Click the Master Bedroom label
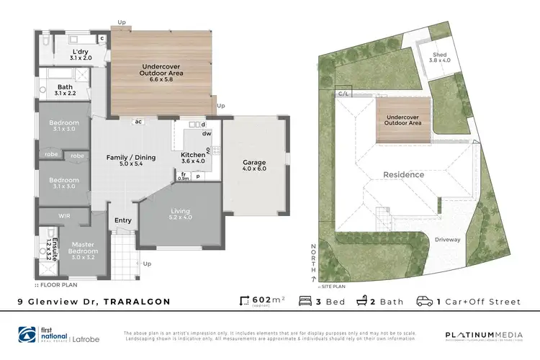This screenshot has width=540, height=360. point(82,249)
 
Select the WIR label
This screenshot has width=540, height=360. point(64,215)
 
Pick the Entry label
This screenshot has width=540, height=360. point(122,222)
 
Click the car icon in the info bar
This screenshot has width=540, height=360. point(425,301)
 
